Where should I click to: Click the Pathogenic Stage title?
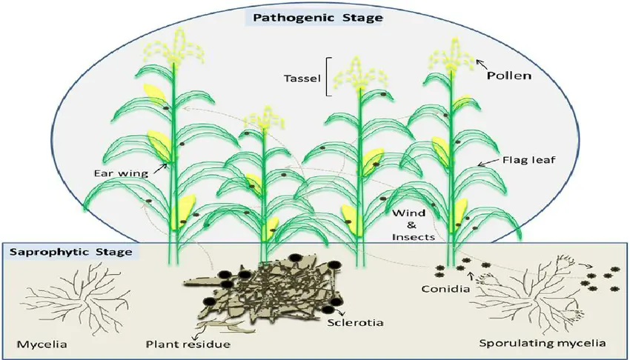pos(317,18)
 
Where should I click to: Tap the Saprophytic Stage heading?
pos(70,253)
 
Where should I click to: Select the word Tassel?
pos(302,78)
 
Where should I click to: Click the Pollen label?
pos(508,76)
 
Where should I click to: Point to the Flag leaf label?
pos(528,160)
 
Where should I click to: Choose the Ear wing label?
pos(121,173)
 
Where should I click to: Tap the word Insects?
pos(414,237)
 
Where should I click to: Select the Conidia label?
pos(445,289)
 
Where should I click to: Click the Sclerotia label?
pos(355,322)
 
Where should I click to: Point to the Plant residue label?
pos(188,344)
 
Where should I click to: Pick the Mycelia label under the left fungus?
pos(42,344)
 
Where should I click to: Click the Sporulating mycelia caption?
pos(543,343)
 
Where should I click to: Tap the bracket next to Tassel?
pos(328,77)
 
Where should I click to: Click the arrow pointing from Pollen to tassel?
pos(481,64)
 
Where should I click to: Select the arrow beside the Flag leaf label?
pos(488,162)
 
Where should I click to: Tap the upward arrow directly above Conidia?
pos(471,276)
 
